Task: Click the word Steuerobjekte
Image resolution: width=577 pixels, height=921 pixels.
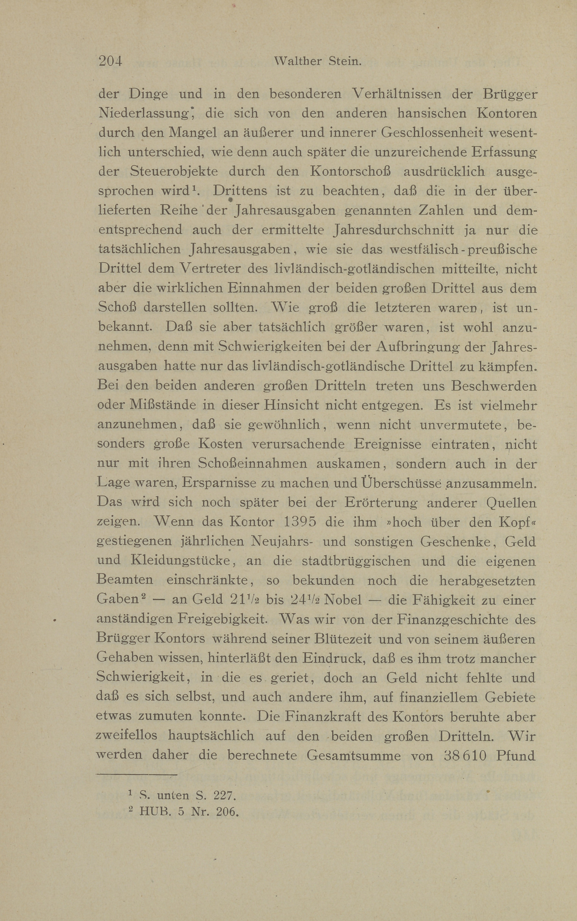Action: click(x=174, y=171)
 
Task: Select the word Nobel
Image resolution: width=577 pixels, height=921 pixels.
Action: click(x=344, y=600)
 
